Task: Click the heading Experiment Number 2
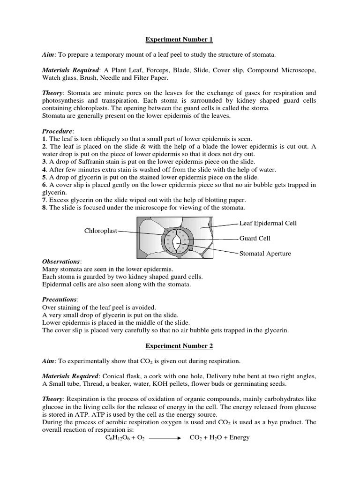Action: point(180,346)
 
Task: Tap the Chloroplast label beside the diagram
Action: point(101,231)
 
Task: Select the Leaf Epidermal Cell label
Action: point(268,223)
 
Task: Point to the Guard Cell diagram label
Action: point(255,238)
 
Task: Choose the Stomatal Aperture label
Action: point(265,254)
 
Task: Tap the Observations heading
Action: point(61,261)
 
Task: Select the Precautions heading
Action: point(60,300)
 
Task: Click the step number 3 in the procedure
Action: point(44,162)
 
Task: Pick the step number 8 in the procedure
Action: point(44,208)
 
